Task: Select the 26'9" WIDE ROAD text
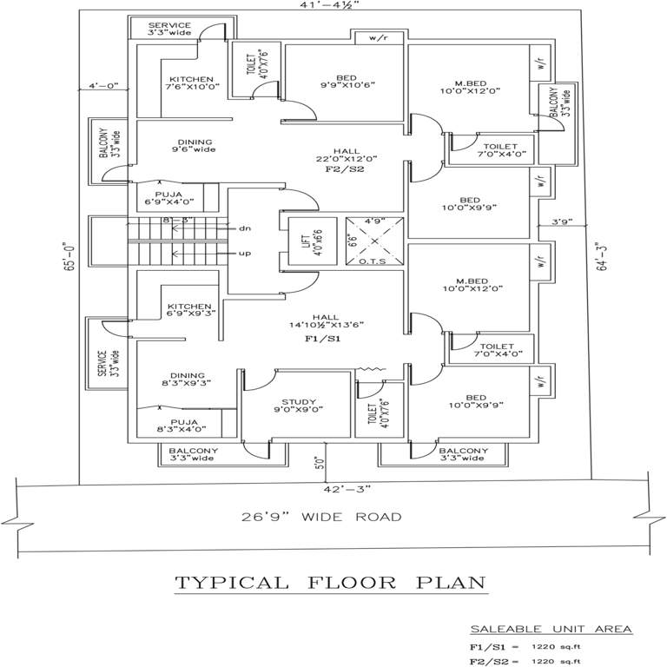(321, 517)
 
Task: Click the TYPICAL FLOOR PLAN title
(331, 582)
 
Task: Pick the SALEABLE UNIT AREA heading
(551, 629)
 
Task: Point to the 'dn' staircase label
(245, 228)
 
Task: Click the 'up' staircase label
(245, 253)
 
